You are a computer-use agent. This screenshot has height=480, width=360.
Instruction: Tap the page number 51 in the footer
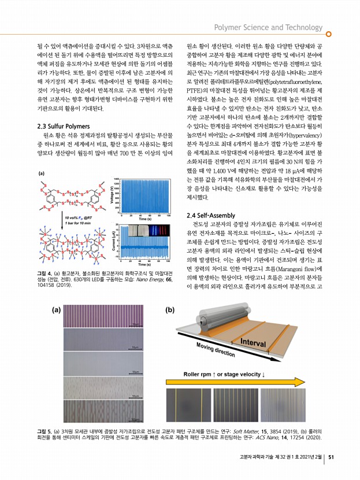(331, 458)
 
